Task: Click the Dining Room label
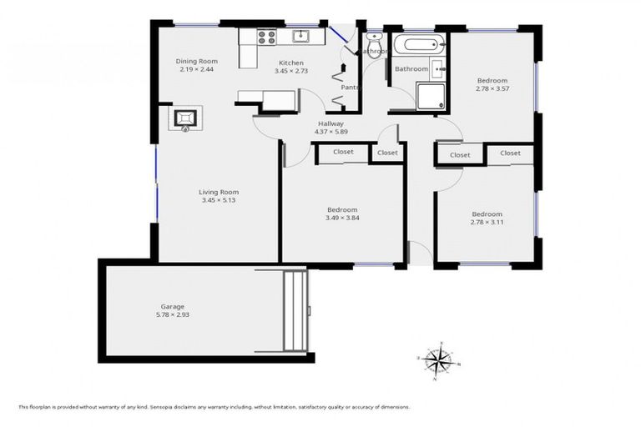click(x=196, y=61)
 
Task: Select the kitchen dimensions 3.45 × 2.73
click(x=291, y=72)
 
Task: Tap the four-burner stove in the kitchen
click(x=266, y=37)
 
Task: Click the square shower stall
click(x=431, y=96)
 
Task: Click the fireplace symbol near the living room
click(x=185, y=118)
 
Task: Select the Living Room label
click(x=219, y=191)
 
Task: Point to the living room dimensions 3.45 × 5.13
click(x=219, y=200)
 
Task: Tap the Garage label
click(x=173, y=306)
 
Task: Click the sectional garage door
click(x=294, y=310)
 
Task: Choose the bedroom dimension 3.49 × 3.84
click(x=342, y=219)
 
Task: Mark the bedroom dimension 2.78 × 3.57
click(x=492, y=88)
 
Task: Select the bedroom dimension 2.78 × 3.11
click(x=487, y=222)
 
